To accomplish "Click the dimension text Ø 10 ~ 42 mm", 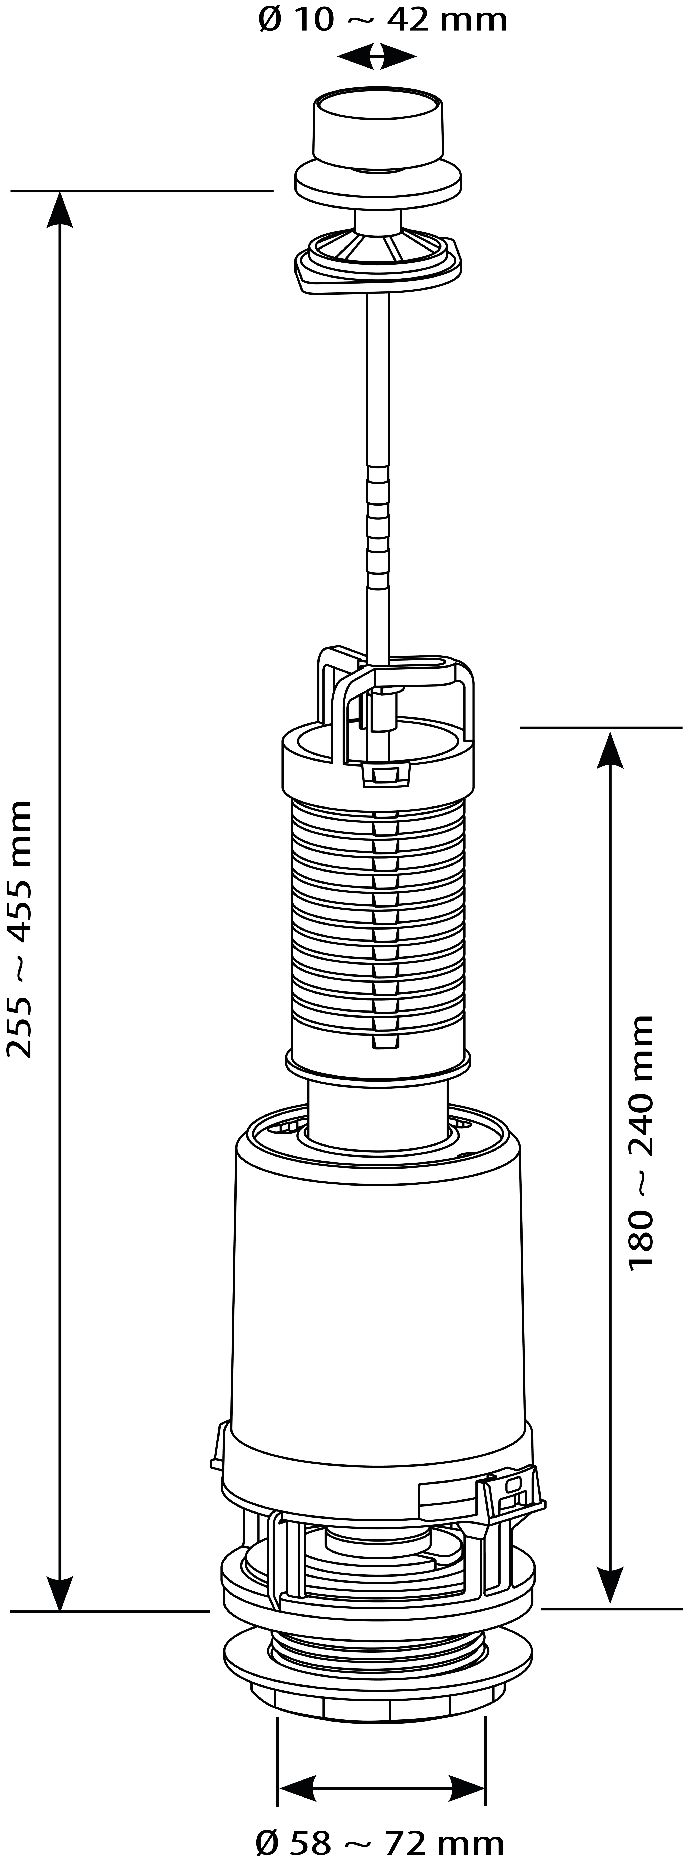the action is coord(383,19).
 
